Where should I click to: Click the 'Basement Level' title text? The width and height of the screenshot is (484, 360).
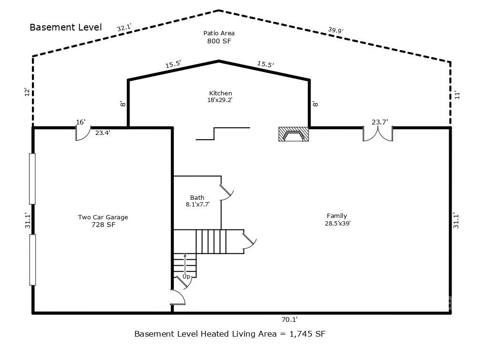tap(66, 27)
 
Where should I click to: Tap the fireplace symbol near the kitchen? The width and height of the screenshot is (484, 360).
tap(293, 134)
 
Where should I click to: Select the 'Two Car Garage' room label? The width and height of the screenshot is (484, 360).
tap(103, 217)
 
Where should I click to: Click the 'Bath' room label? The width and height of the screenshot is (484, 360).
tap(197, 197)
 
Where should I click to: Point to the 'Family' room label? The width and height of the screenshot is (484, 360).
tap(337, 216)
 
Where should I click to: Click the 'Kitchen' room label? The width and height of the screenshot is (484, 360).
tap(221, 93)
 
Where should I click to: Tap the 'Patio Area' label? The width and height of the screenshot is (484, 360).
tap(219, 33)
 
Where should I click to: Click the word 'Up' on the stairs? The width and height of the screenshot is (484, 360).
tap(186, 277)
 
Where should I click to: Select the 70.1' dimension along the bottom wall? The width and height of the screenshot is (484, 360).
tap(289, 320)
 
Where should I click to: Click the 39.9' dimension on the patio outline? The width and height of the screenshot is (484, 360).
tap(335, 30)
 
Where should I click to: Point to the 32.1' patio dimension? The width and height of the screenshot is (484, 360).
tap(124, 28)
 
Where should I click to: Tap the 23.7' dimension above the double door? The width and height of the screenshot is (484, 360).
tap(380, 122)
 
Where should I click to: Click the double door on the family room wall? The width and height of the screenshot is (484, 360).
tap(378, 134)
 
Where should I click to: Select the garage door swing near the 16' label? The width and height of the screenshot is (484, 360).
tap(82, 134)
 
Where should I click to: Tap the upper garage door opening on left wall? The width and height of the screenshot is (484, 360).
tap(32, 179)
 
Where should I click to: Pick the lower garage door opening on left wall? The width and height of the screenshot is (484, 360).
tap(32, 260)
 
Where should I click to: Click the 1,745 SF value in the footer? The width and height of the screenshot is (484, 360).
tap(308, 334)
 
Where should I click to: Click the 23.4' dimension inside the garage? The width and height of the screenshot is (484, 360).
tap(103, 133)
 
